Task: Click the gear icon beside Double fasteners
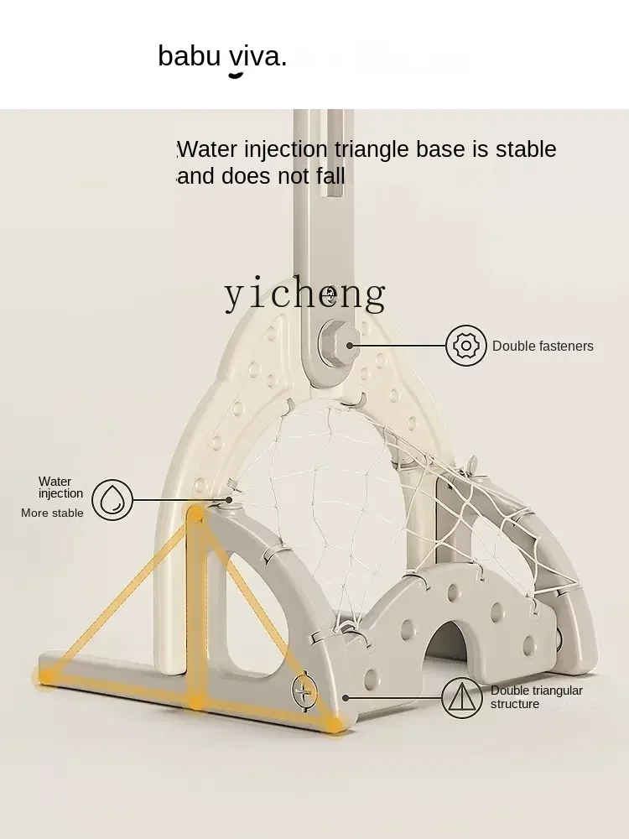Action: coord(466,346)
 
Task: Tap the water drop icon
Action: coord(112,500)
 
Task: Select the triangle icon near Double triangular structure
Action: coord(462,697)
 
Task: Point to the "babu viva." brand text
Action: coord(222,56)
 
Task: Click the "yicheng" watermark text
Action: coord(304,294)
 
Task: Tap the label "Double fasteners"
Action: coord(543,347)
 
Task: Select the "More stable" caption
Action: coord(52,513)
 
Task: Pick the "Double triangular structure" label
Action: coord(536,697)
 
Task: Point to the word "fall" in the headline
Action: coord(326,176)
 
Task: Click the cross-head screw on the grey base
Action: coord(304,690)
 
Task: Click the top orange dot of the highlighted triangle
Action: coord(195,513)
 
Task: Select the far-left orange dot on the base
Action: coord(46,674)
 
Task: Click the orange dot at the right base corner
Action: coord(335,723)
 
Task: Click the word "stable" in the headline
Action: coord(526,149)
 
